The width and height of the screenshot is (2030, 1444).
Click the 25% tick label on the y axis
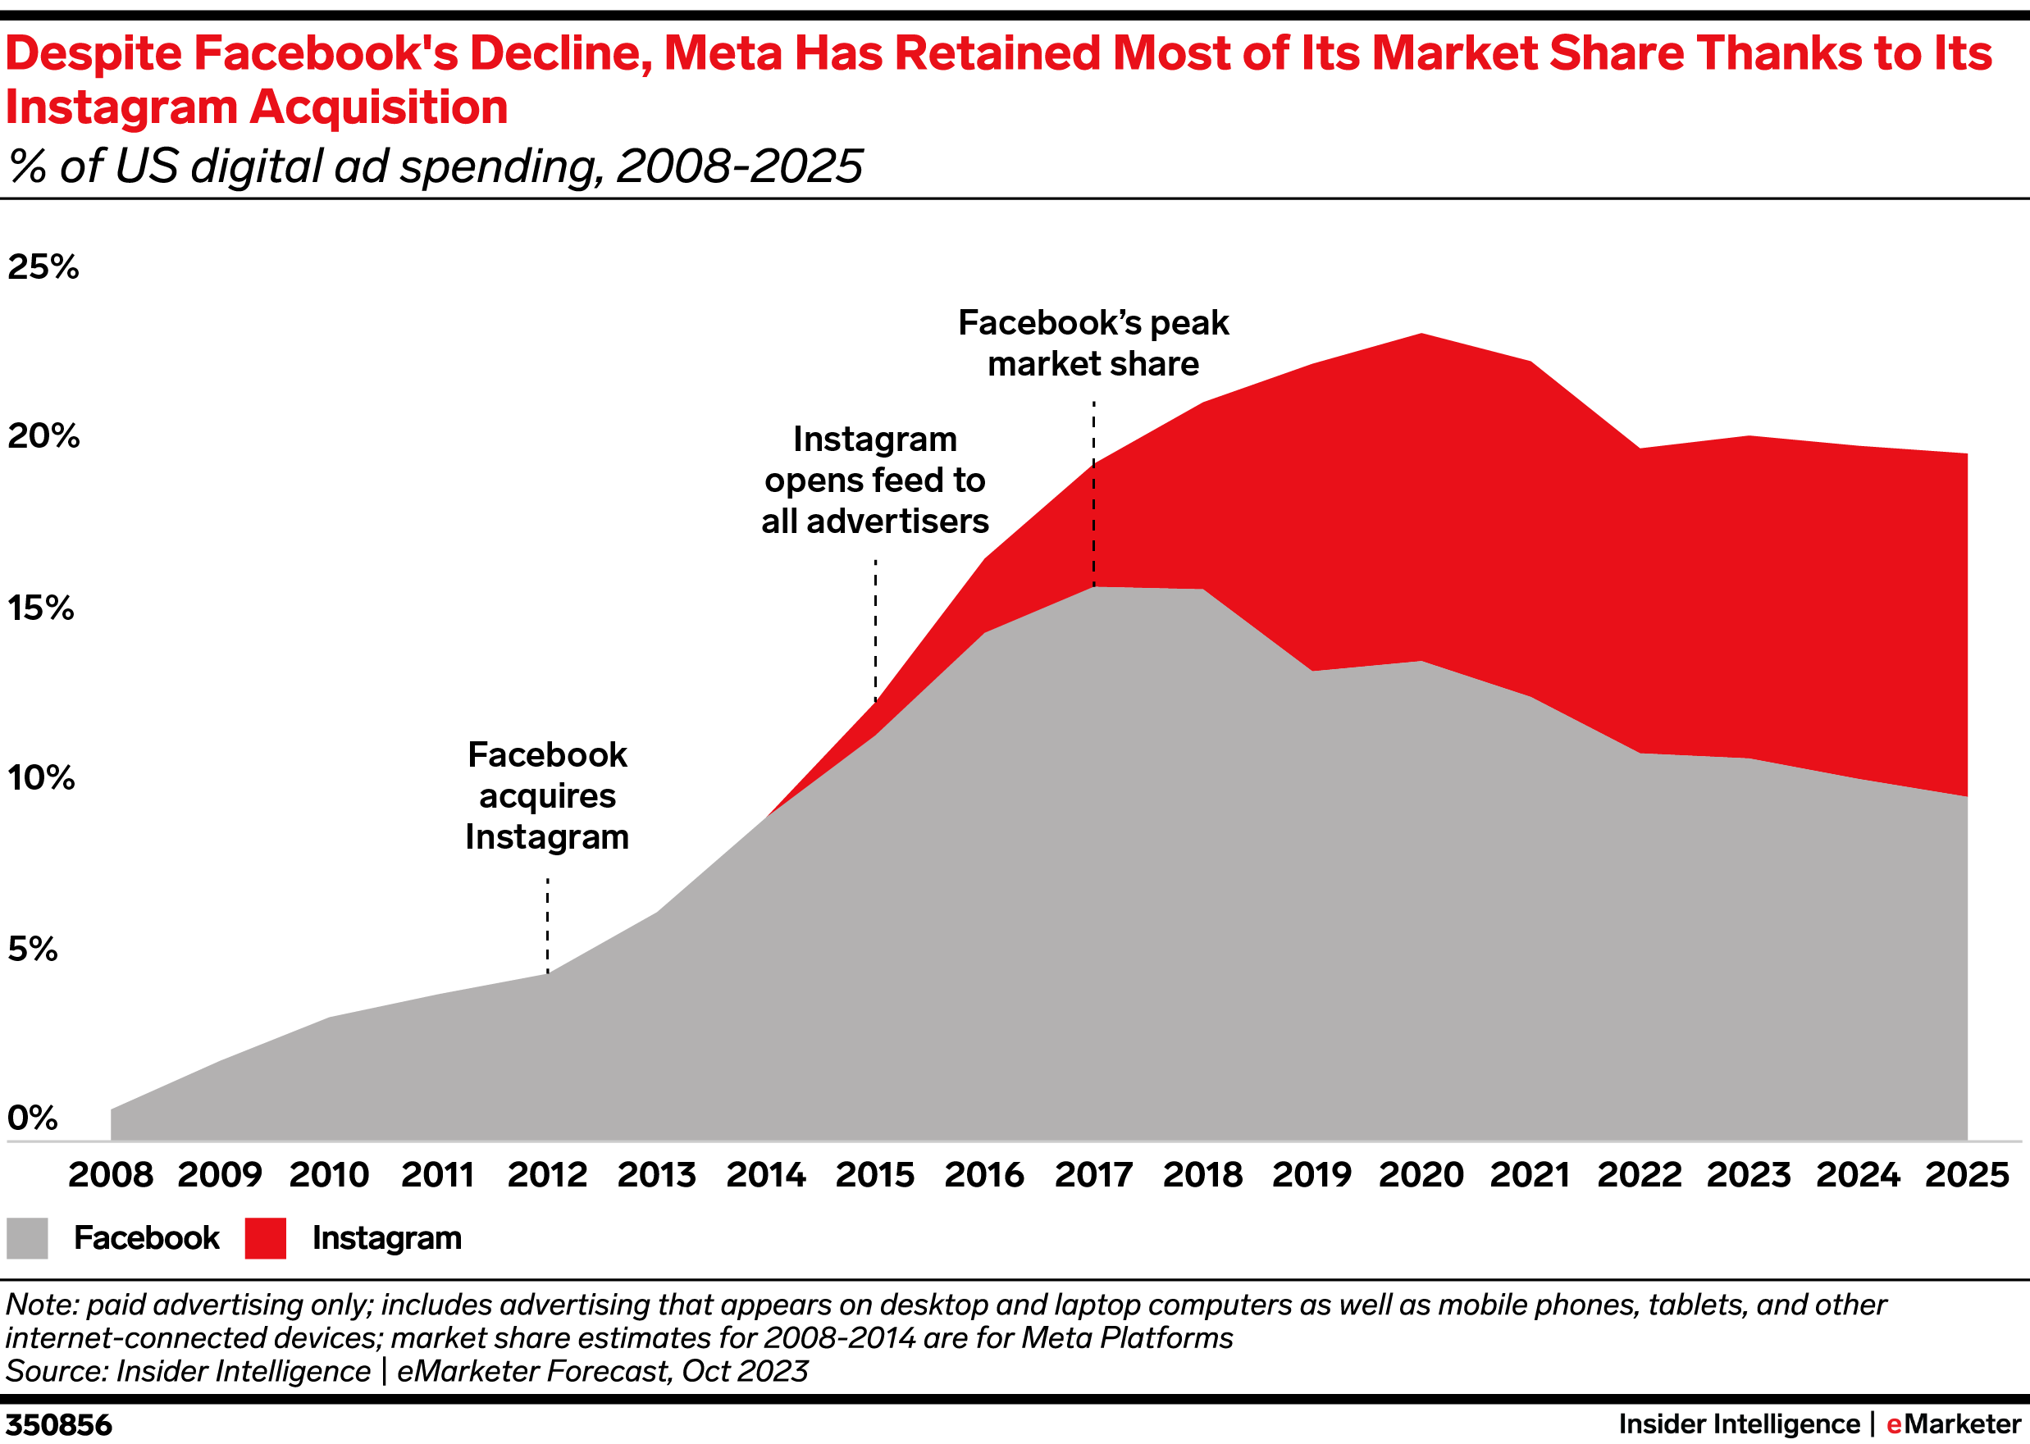[x=43, y=266]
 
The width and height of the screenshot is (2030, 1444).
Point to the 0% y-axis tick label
[x=33, y=1118]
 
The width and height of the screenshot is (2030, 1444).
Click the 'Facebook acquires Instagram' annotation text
[x=547, y=796]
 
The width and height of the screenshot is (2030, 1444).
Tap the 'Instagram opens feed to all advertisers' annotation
[x=875, y=481]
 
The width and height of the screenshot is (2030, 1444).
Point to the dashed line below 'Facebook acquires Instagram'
[x=548, y=925]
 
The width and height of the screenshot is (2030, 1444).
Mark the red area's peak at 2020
[x=1421, y=335]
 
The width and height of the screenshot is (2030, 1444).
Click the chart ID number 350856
[x=59, y=1424]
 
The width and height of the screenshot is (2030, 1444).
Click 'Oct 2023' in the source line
[x=744, y=1371]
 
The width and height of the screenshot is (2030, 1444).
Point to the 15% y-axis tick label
[x=41, y=608]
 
